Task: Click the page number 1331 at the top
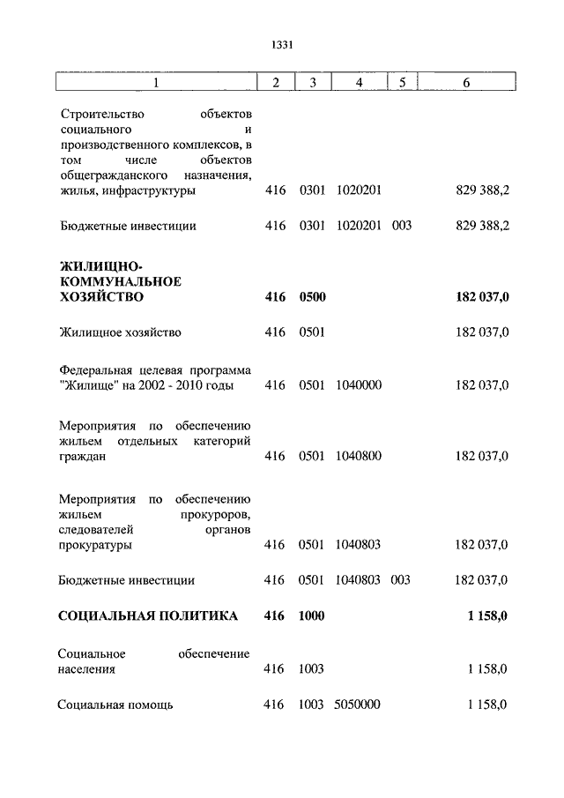(282, 45)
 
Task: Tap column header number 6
(466, 83)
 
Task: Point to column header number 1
(156, 83)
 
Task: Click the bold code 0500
(312, 297)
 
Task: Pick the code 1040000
(358, 385)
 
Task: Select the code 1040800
(358, 456)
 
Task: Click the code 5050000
(358, 705)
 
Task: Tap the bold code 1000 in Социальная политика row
(312, 616)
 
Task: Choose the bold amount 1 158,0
(487, 616)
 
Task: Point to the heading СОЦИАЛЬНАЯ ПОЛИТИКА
(147, 616)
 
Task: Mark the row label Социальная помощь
(115, 705)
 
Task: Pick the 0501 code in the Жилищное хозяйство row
(312, 332)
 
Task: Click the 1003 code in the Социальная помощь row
(312, 705)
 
